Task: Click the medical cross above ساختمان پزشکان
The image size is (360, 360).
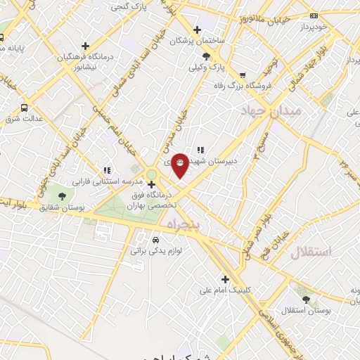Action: [x=197, y=30]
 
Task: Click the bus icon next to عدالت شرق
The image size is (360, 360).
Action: [x=25, y=108]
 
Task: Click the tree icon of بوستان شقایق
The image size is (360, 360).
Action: [x=62, y=197]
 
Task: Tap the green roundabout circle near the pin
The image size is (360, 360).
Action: [x=152, y=174]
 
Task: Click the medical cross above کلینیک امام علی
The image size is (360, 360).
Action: [x=225, y=278]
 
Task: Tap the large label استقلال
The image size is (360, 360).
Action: [x=310, y=252]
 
